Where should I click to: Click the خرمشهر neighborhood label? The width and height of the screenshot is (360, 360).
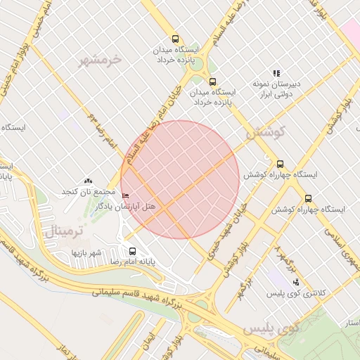[101, 59]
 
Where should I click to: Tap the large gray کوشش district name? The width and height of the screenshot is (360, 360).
[265, 131]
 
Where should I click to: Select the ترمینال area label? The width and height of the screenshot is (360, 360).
[64, 231]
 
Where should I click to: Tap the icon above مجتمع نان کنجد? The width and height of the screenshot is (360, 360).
[88, 182]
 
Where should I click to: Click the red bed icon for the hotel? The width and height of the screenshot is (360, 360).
[125, 195]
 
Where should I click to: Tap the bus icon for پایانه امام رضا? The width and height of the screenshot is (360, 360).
[132, 251]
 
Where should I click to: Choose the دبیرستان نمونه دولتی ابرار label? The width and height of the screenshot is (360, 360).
[276, 88]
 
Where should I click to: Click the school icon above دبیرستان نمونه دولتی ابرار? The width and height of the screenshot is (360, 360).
[276, 73]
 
